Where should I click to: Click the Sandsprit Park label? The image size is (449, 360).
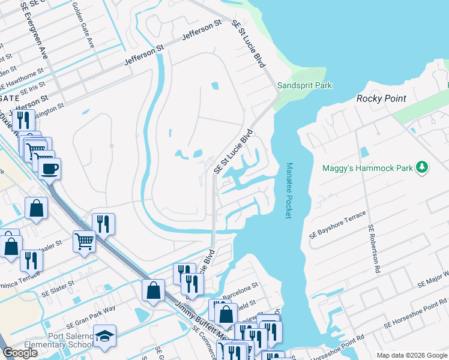pyautogui.click(x=304, y=86)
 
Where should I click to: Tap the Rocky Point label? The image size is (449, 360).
pyautogui.click(x=381, y=98)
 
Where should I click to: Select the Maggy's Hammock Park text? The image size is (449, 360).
pyautogui.click(x=368, y=168)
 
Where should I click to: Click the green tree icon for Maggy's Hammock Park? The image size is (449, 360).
pyautogui.click(x=423, y=167)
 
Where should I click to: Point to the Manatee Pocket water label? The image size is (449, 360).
pyautogui.click(x=289, y=190)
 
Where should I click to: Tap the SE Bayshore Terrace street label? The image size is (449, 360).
pyautogui.click(x=337, y=223)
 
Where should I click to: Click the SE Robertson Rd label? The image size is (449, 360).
pyautogui.click(x=375, y=249)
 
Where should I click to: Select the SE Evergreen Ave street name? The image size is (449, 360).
pyautogui.click(x=34, y=26)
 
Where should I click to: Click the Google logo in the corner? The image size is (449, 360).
pyautogui.click(x=20, y=353)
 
